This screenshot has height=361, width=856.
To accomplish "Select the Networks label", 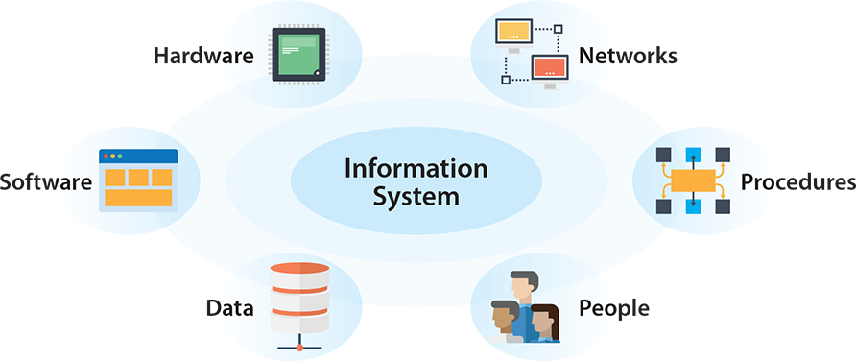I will point(628,55).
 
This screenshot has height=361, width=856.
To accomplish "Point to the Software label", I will point(45,181).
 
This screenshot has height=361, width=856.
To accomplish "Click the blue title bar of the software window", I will point(138,156).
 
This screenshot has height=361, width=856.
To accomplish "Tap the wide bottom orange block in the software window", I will point(138,198).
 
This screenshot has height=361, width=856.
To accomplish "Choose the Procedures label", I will point(797,181).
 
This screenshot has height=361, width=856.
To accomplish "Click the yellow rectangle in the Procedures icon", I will point(693,180).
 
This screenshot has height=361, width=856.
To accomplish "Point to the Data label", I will point(229,308).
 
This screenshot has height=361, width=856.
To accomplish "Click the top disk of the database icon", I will point(300,272).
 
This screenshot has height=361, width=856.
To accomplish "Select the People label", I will point(614,308).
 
